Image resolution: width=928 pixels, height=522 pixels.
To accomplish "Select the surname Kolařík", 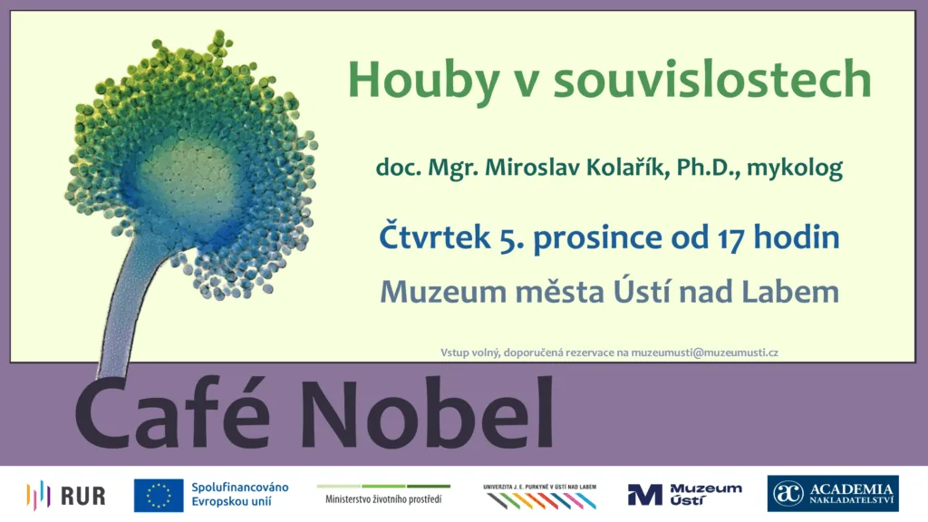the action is tap(628, 167).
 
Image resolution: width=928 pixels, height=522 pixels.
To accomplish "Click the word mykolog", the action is tap(794, 169).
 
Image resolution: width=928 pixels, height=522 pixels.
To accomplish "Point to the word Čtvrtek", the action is tap(434, 236).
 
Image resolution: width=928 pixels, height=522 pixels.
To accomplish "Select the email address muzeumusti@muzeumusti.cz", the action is tap(704, 353).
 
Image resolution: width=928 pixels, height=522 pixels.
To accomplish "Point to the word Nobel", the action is tap(427, 412).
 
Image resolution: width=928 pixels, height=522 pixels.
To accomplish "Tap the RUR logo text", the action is tap(82, 496).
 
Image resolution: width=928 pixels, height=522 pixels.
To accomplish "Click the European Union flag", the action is tap(159, 496).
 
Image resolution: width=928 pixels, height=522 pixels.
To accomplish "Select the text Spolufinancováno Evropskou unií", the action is tap(239, 494).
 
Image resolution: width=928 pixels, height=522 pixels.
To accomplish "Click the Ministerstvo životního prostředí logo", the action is tap(383, 494).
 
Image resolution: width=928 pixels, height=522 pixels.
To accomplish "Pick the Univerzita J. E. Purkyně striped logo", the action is tap(540, 497).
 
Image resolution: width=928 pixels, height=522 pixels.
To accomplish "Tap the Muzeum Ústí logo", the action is tap(685, 495).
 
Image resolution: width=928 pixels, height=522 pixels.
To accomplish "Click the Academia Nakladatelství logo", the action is tap(833, 494).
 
